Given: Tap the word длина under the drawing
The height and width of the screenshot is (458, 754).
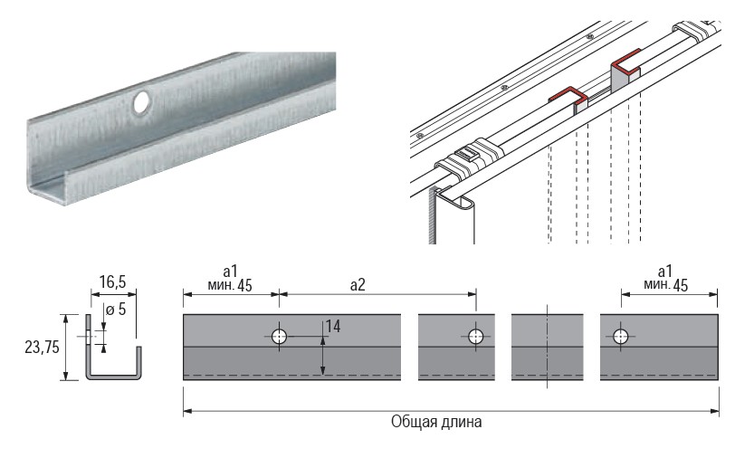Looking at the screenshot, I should pyautogui.click(x=463, y=422).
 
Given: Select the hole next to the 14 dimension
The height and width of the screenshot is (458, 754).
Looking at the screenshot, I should pyautogui.click(x=280, y=336).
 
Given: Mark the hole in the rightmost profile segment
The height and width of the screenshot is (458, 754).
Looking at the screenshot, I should pyautogui.click(x=620, y=337).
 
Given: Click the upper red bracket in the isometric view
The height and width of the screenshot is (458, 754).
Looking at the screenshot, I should pyautogui.click(x=626, y=63).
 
